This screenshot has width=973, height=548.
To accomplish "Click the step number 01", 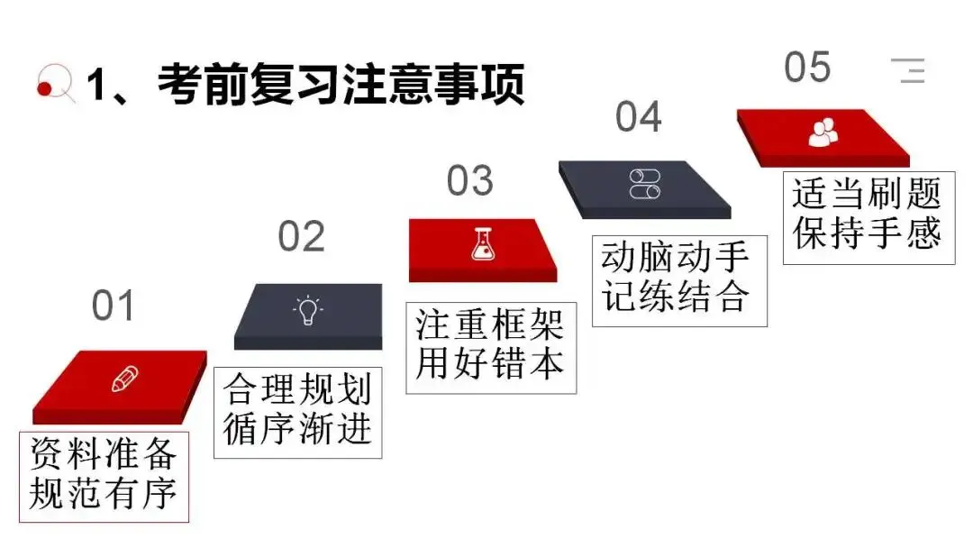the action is (113, 306).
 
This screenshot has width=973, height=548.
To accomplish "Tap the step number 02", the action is (301, 237).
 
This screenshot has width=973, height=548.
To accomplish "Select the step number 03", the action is (470, 181).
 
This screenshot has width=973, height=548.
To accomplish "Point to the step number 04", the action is (639, 117).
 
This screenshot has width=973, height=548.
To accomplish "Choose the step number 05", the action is (806, 68).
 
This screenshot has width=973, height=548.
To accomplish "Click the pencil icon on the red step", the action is (123, 379).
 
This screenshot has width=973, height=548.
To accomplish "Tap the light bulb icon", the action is (307, 311).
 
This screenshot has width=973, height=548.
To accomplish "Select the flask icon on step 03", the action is (484, 245).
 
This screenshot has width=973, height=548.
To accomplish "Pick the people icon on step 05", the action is (823, 132).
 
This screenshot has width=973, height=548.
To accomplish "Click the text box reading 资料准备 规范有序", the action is (105, 475).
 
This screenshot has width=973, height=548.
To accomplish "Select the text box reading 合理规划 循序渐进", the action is (297, 411).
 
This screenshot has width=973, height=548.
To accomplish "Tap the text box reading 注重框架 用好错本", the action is (490, 346).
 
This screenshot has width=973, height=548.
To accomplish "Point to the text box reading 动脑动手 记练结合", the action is (679, 279).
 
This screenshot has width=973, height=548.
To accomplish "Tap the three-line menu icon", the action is (909, 69).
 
